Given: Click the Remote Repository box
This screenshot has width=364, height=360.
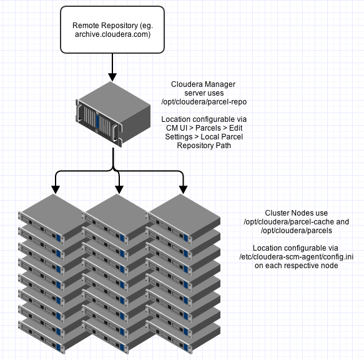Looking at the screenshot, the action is coord(112,29).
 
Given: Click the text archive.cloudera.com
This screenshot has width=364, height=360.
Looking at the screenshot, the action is coord(112,34).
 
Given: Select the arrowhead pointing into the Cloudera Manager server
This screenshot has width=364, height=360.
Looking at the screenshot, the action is coord(112,77).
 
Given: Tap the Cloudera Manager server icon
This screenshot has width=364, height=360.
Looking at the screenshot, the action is coord(113,114).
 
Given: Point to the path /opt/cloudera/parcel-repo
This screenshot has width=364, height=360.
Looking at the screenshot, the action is coord(204,102).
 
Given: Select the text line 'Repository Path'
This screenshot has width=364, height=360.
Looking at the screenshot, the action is coord(204,146).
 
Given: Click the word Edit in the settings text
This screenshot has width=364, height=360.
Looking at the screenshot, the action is coord(236,128).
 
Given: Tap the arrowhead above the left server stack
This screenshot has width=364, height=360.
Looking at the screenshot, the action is coord(56,189).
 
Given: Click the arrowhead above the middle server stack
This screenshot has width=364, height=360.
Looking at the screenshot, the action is coord(119,189).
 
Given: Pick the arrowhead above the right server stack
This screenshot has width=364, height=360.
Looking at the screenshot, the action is coord(184,189).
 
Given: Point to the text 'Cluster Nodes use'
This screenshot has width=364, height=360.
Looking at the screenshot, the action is coord(297,213).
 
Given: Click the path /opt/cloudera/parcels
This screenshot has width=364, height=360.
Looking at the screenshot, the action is coord(297,231).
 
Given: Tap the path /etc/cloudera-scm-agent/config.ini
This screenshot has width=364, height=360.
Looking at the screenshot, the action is coord(297,257).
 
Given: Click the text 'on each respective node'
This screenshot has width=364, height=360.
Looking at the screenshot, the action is coord(297,266).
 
